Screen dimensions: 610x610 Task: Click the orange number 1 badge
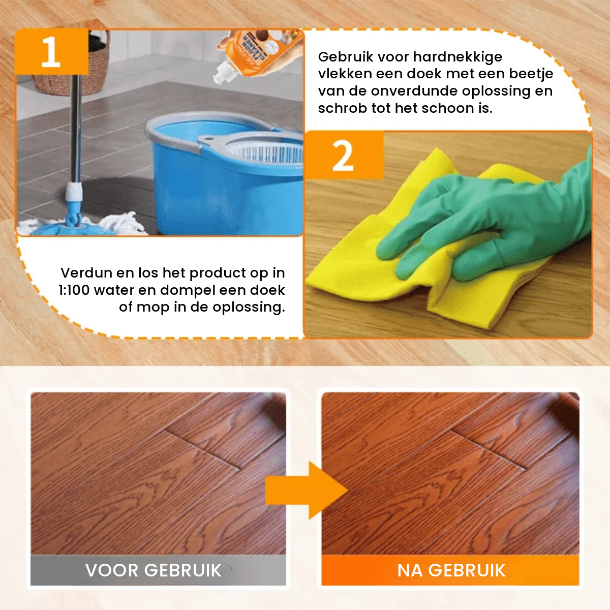[51, 52]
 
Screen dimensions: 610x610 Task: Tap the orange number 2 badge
[344, 156]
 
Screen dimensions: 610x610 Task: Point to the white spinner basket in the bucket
[264, 150]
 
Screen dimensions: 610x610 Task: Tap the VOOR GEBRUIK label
[154, 570]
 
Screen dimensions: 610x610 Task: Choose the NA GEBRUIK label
[451, 570]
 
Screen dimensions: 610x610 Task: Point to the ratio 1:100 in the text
[74, 290]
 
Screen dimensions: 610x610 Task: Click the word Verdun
[86, 273]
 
